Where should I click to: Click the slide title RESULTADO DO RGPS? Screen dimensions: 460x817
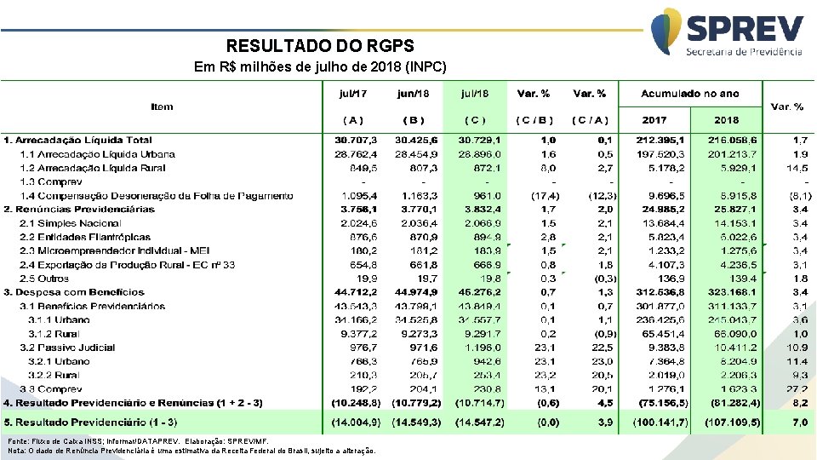pyautogui.click(x=320, y=46)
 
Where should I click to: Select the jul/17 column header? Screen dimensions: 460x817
pyautogui.click(x=353, y=93)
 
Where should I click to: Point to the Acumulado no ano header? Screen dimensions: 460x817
pyautogui.click(x=690, y=93)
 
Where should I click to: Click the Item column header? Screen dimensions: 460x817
pyautogui.click(x=162, y=106)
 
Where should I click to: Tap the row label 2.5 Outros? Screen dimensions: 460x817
pyautogui.click(x=45, y=279)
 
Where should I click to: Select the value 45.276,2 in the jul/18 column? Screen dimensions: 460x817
pyautogui.click(x=481, y=292)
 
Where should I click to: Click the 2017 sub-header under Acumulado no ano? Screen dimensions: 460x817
pyautogui.click(x=654, y=120)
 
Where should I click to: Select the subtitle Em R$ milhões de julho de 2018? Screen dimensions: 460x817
pyautogui.click(x=320, y=66)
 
